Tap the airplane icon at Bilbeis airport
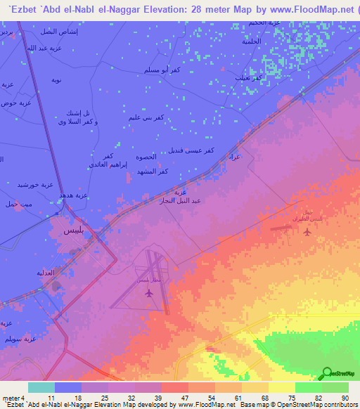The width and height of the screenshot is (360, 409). [x=147, y=292]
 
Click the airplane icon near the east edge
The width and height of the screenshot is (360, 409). [x=306, y=231]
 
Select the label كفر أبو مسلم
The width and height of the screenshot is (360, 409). [x=162, y=71]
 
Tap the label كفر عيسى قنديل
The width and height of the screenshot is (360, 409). [x=190, y=151]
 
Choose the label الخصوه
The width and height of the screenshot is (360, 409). [x=146, y=159]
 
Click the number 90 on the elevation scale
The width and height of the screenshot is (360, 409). [x=345, y=397]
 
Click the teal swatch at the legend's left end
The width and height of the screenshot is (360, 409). [x=41, y=387]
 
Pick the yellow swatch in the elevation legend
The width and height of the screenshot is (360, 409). [x=282, y=387]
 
